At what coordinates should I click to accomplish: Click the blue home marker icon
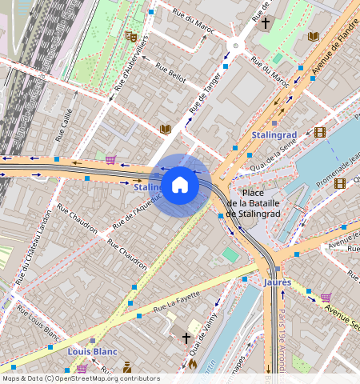coord(180,185)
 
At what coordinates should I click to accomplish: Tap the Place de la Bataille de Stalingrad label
coord(254,203)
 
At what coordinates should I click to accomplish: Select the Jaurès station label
coord(278,282)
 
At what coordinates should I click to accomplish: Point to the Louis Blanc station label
coord(93,351)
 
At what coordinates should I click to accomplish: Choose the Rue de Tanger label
coord(205,94)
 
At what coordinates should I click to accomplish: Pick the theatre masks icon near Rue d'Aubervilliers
coord(131,36)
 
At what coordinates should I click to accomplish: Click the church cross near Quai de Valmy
coord(186,338)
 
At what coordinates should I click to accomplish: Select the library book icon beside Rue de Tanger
coord(166,129)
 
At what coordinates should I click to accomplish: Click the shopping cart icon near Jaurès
coord(326,298)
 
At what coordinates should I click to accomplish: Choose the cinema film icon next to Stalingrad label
coord(320,132)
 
